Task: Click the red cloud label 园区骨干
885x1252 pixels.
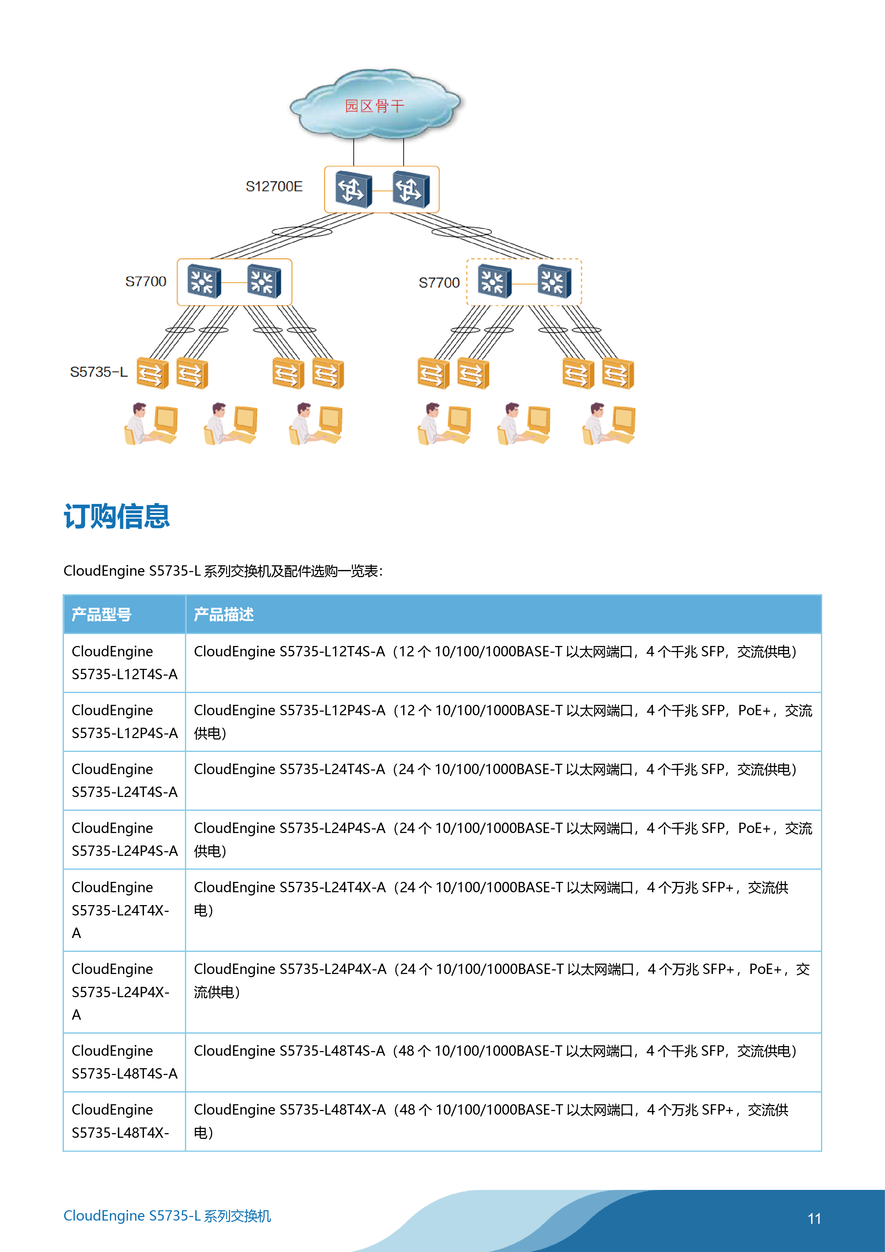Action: click(x=374, y=106)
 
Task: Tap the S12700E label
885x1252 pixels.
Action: click(x=274, y=187)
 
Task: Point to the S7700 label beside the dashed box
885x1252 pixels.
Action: click(x=439, y=282)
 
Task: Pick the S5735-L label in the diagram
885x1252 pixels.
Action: click(x=99, y=372)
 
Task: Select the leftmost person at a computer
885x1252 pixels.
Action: click(x=151, y=424)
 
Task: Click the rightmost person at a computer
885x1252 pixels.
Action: click(x=608, y=424)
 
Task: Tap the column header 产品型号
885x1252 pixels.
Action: click(x=101, y=615)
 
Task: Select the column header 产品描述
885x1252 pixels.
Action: click(x=224, y=615)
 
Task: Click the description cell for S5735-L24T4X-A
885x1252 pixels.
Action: click(x=491, y=898)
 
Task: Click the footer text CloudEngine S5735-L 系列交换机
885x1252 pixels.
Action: click(x=167, y=1216)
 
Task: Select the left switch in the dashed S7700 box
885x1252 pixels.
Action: click(x=494, y=281)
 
